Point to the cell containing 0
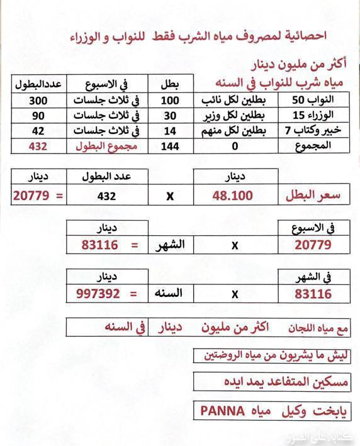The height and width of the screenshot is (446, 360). pos(235,146)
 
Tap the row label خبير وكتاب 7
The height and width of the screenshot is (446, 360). pos(315,131)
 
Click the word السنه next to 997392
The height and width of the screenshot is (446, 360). pos(168,293)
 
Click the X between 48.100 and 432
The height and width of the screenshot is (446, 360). pos(170,196)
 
